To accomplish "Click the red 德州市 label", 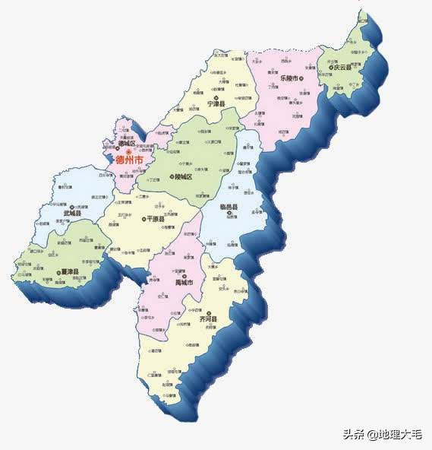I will pyautogui.click(x=128, y=160).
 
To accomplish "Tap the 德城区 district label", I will pyautogui.click(x=127, y=143).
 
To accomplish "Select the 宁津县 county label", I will pyautogui.click(x=220, y=108).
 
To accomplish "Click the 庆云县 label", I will pyautogui.click(x=345, y=67).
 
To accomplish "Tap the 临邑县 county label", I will pyautogui.click(x=229, y=207).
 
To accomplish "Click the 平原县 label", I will pyautogui.click(x=156, y=219).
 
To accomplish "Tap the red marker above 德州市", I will pyautogui.click(x=128, y=151).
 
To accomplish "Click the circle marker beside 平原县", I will pyautogui.click(x=143, y=219).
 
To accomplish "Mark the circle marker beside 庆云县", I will pyautogui.click(x=332, y=67).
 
